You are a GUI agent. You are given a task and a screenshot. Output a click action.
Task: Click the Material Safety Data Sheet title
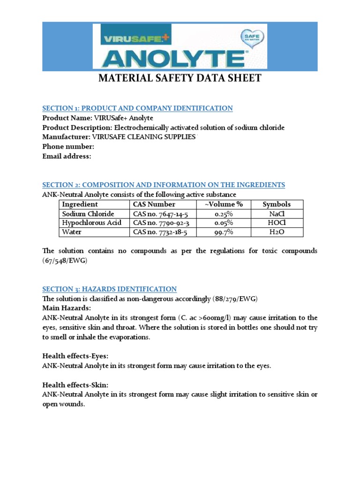coord(180,78)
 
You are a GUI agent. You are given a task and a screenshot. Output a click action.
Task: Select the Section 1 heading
coord(137,108)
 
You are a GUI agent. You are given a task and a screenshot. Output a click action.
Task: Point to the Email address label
coord(67,156)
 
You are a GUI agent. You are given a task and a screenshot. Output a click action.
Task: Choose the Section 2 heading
coord(164,185)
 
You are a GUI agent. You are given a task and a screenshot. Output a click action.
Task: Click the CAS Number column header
coord(154,204)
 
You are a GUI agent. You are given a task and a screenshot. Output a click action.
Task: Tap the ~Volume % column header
coord(224,204)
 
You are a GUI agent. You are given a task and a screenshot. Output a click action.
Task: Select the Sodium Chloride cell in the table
coord(88,214)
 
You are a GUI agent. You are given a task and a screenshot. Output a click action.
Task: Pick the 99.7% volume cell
coord(224,232)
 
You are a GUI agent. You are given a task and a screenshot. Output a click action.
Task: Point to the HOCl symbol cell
coord(277,223)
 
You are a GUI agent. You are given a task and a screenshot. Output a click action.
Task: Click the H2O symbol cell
coord(277,232)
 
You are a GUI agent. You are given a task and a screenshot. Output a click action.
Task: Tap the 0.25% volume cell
coord(224,214)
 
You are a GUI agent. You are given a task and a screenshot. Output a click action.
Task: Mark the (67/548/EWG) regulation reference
coord(65,262)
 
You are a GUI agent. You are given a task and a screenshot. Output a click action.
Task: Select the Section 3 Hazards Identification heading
coord(110,289)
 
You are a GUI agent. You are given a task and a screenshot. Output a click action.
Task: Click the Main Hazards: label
coord(67,308)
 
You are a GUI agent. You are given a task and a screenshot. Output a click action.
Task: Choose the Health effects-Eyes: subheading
coord(75,356)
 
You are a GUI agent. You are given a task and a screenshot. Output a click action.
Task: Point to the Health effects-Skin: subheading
coord(75,385)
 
